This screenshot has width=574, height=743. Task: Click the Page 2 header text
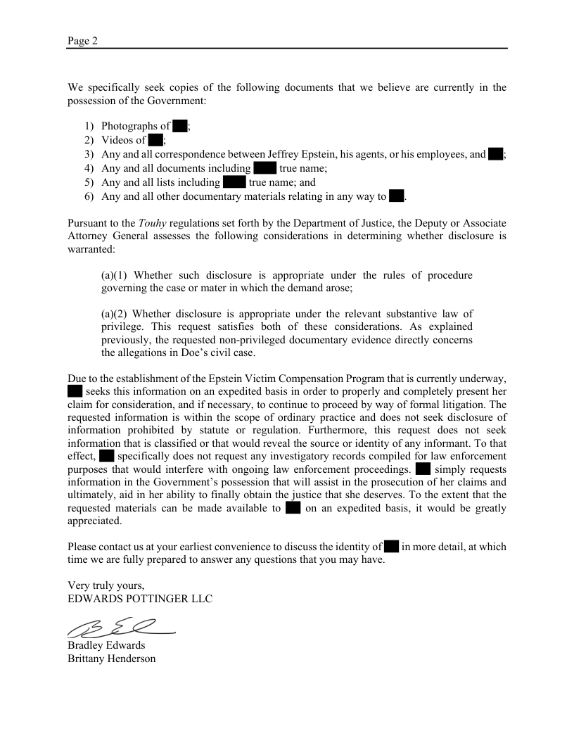click(82, 41)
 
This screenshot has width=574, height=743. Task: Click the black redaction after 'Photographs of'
click(179, 126)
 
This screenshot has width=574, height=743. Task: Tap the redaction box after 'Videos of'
click(155, 140)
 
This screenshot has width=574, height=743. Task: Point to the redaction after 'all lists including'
click(234, 182)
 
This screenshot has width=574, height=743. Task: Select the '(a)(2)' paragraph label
click(115, 314)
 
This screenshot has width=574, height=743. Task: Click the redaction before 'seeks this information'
click(75, 390)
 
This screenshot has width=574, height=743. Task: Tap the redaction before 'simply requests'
click(423, 469)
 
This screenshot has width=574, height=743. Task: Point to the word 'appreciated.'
click(95, 521)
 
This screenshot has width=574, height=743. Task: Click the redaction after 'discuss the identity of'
click(392, 546)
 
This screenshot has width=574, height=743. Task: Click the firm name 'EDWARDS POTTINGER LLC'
click(139, 599)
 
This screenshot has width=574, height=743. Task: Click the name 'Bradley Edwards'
click(106, 645)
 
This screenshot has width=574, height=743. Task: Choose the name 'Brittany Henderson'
click(112, 659)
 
